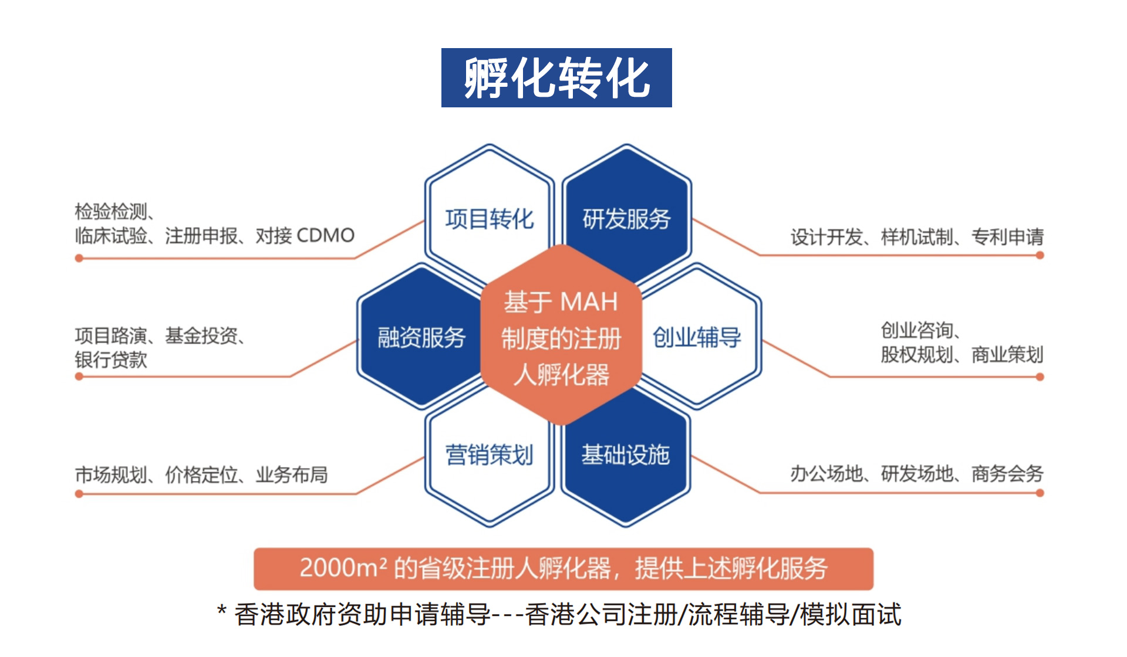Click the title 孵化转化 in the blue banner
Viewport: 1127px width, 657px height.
[x=556, y=78]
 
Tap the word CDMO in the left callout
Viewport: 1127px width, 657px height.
[x=326, y=236]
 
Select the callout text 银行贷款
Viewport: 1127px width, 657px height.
[x=111, y=360]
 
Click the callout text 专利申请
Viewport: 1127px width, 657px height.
[x=1007, y=237]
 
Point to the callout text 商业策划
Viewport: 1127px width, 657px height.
[x=1007, y=355]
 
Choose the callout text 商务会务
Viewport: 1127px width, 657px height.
[x=1007, y=473]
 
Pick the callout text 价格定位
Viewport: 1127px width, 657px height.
[x=201, y=475]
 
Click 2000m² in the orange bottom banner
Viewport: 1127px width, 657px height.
[x=343, y=568]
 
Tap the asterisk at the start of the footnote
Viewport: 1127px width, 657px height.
[x=222, y=611]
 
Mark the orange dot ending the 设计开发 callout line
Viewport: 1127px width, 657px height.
[x=1040, y=255]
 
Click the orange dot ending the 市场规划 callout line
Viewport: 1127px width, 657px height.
[x=79, y=494]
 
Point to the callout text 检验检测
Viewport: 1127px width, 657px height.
[x=111, y=211]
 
